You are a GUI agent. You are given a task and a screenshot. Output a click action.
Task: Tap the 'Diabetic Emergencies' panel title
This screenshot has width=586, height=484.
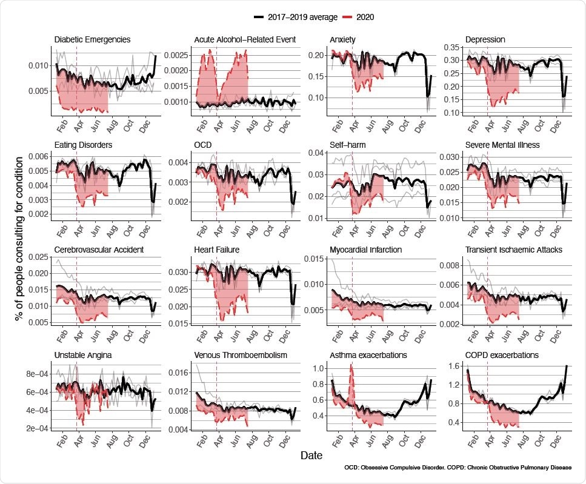click(92, 40)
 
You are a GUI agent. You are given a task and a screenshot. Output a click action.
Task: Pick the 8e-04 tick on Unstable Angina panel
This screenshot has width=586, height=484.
click(36, 374)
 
